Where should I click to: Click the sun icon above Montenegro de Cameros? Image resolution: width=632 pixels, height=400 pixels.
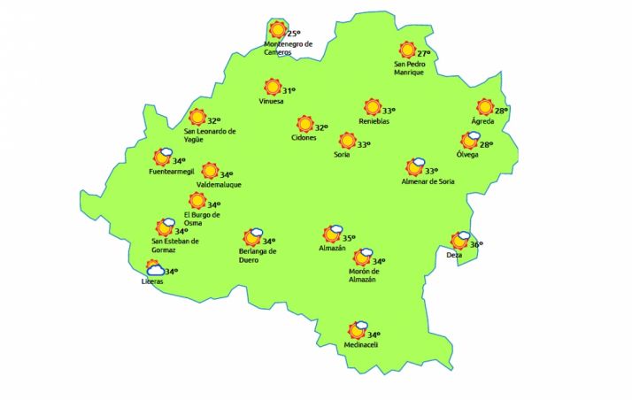point(278,30)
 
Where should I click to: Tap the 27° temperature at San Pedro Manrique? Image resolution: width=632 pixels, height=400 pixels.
point(424,53)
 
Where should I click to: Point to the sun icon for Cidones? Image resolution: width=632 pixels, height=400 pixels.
point(305,124)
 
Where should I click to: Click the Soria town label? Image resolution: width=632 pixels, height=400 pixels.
point(342,156)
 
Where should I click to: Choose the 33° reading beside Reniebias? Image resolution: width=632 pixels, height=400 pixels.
point(389,111)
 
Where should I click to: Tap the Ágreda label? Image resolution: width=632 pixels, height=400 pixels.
point(482,121)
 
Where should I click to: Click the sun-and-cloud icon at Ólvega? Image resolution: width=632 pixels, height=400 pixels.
point(470,140)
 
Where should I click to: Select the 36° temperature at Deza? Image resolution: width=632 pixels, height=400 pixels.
point(476,245)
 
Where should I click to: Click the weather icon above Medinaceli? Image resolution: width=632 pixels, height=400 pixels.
point(358,330)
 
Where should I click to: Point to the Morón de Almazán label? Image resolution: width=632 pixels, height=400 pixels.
point(363,276)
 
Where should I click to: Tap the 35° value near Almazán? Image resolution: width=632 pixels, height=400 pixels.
point(349,237)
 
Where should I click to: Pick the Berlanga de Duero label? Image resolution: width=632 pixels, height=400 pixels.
point(257,255)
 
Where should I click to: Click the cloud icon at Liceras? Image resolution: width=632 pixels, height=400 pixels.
point(155,268)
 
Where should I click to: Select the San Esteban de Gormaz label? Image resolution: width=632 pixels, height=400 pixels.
point(175,244)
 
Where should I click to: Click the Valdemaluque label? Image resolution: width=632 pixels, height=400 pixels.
point(219,185)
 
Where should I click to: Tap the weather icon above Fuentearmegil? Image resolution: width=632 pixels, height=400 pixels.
point(162,158)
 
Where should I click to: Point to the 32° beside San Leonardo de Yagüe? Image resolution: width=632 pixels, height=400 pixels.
point(213,121)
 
